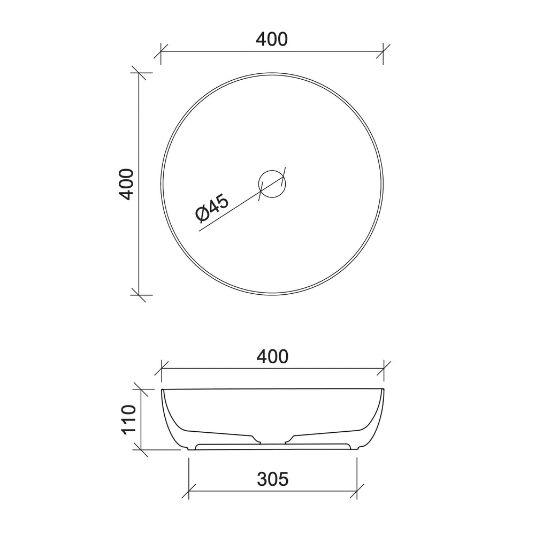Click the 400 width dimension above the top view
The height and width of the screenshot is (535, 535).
coord(272,39)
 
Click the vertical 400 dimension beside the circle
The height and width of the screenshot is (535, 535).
coord(126,184)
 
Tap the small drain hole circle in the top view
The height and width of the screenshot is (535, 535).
coord(272,184)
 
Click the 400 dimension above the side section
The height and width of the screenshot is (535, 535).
coord(272,356)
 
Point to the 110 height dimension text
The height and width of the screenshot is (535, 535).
coord(129,420)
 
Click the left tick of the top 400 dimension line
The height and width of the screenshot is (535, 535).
coord(161,51)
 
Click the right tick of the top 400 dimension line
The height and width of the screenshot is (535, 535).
coord(383,51)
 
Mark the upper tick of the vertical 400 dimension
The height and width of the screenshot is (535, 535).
coord(139,73)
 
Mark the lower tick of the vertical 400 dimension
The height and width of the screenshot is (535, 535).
coord(139,294)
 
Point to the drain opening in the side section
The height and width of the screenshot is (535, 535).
coord(273,442)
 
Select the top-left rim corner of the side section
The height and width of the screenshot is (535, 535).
coord(162,390)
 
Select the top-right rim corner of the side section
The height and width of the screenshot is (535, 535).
coord(384,390)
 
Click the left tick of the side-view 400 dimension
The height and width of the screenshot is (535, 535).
coord(162,368)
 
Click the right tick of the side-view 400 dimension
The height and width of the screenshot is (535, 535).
coord(384,368)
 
